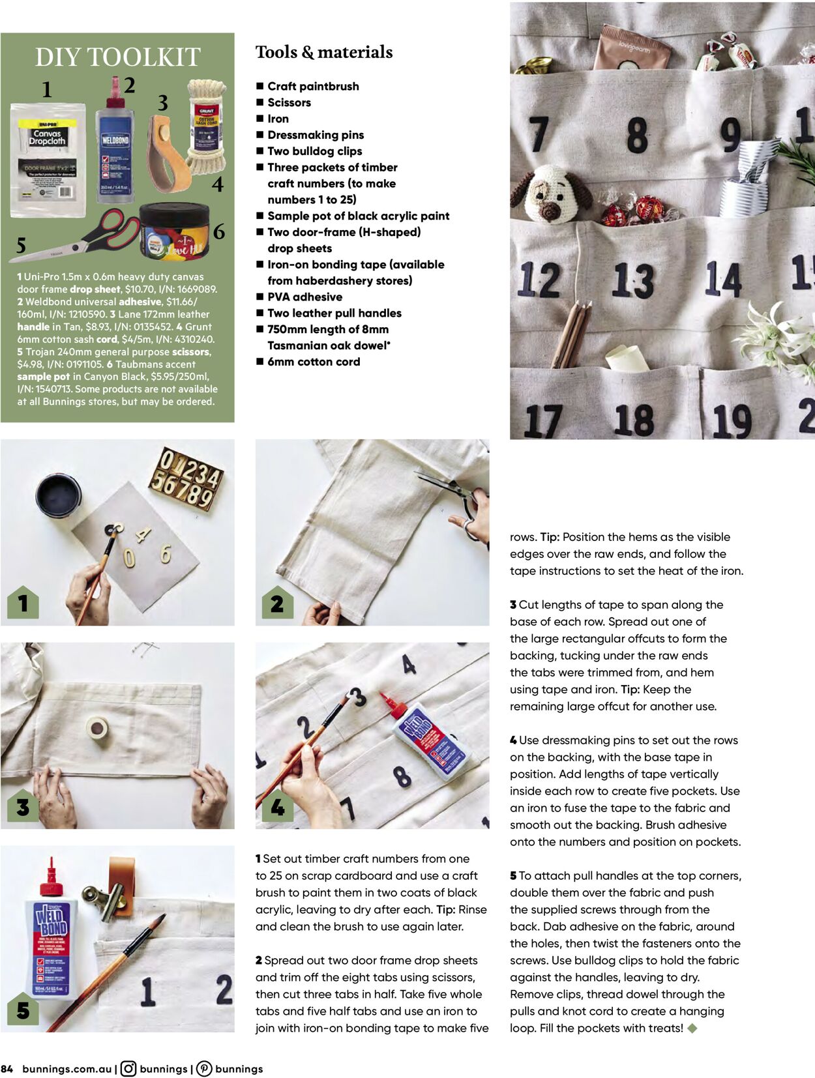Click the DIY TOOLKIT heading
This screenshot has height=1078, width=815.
click(x=117, y=57)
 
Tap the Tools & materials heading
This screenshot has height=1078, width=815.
click(x=323, y=52)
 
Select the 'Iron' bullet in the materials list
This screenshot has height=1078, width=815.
click(x=278, y=119)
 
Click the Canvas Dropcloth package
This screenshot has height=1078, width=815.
click(x=48, y=160)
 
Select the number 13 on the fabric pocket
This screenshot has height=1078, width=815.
click(x=632, y=280)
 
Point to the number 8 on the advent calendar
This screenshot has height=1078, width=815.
click(x=637, y=136)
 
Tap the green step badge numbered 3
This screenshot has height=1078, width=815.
click(x=23, y=807)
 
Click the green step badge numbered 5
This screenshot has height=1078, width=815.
click(x=23, y=1010)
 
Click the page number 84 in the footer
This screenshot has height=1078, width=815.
click(x=7, y=1069)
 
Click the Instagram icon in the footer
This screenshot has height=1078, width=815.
click(x=128, y=1069)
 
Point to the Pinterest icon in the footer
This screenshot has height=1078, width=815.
click(x=204, y=1069)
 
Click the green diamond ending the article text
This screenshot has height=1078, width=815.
click(x=692, y=1028)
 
